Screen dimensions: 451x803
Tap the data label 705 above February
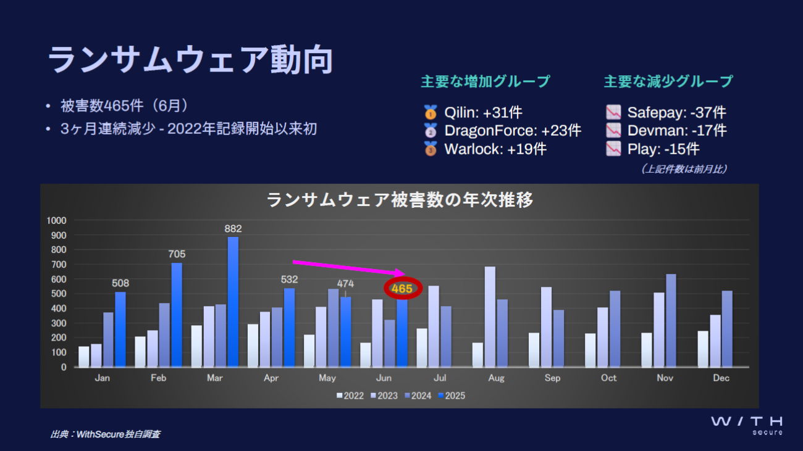pyautogui.click(x=177, y=254)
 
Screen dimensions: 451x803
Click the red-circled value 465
pyautogui.click(x=402, y=288)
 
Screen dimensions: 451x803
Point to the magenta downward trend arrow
pyautogui.click(x=348, y=267)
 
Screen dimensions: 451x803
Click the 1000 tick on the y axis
pyautogui.click(x=57, y=220)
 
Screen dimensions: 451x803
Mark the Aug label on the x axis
pyautogui.click(x=496, y=378)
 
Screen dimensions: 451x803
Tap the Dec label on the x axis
pyautogui.click(x=721, y=378)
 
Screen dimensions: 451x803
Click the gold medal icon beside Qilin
pyautogui.click(x=431, y=112)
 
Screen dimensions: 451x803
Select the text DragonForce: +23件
pyautogui.click(x=512, y=131)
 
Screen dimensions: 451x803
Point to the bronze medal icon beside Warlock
pyautogui.click(x=431, y=149)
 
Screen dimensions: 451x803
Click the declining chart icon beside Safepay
pyautogui.click(x=613, y=112)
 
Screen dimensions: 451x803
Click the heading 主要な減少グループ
pyautogui.click(x=668, y=81)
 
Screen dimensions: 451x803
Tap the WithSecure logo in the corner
pyautogui.click(x=746, y=424)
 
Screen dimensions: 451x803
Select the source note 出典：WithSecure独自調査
pyautogui.click(x=106, y=434)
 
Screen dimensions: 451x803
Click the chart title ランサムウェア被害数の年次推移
pyautogui.click(x=400, y=200)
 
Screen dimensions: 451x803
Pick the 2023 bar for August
pyautogui.click(x=490, y=317)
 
